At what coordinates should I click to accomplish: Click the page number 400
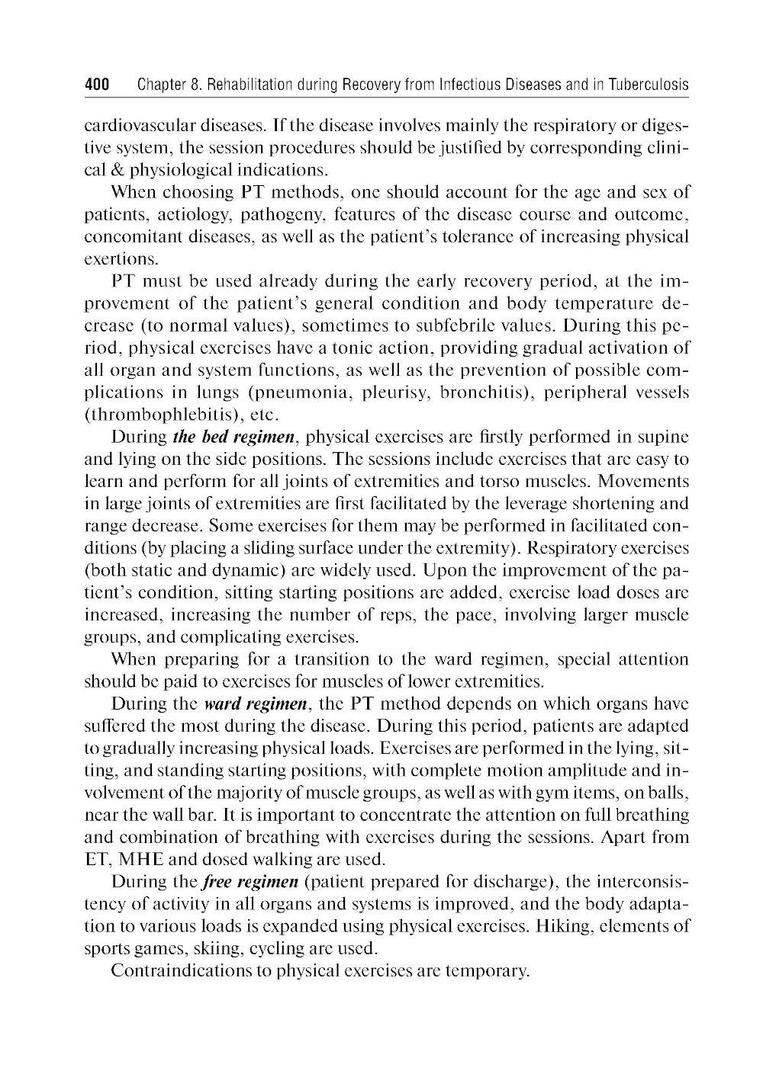pyautogui.click(x=97, y=85)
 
